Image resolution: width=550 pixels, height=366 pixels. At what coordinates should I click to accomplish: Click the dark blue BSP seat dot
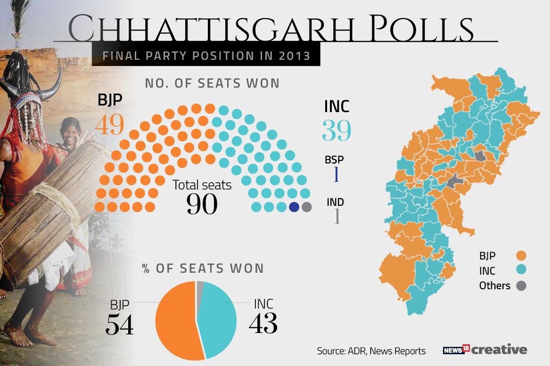click(x=294, y=207)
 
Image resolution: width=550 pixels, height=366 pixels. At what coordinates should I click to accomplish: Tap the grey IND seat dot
click(x=307, y=207)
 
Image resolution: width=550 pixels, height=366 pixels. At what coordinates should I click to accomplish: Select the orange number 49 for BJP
click(x=109, y=125)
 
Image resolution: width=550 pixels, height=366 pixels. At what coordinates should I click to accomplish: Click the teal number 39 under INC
click(x=337, y=130)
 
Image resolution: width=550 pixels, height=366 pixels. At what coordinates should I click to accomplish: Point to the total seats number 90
click(x=202, y=204)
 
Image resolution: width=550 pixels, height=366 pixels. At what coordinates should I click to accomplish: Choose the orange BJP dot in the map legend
click(x=521, y=256)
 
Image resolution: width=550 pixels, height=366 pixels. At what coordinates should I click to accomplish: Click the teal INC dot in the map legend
click(x=521, y=270)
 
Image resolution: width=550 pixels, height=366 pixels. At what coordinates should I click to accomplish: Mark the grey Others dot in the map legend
click(x=521, y=285)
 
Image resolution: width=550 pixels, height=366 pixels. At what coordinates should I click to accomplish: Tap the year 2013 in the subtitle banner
click(x=294, y=56)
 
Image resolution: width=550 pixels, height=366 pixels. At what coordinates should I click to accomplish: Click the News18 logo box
click(x=456, y=350)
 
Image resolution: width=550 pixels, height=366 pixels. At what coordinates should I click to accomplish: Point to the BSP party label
click(x=334, y=160)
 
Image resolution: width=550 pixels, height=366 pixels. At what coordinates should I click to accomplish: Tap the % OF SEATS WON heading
click(x=203, y=268)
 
